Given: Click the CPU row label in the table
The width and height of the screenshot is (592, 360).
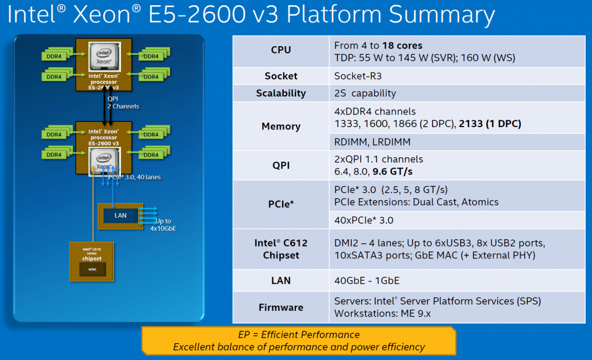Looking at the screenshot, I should pos(280,50).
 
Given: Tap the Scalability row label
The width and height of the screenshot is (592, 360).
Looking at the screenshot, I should pos(280,93).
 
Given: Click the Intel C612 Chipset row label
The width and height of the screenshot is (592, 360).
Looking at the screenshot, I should pos(280,249).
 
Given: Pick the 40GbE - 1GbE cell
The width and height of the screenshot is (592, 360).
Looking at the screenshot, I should pos(367,280).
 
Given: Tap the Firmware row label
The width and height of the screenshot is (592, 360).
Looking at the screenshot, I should pos(280,307).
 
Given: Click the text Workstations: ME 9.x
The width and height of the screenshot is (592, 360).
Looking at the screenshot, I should pos(383,314).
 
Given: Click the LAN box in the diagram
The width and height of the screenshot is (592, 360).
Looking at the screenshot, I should pos(121,216).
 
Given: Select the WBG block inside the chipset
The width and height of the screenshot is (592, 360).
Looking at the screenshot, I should pos(92,269).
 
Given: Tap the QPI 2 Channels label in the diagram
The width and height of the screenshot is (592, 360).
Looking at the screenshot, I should pos(123,102).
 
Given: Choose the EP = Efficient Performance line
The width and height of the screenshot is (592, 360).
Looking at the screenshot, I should pos(299,335).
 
